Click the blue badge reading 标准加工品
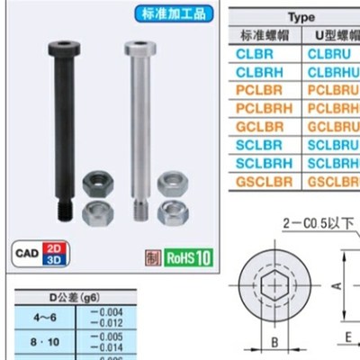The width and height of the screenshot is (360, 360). tap(173, 15)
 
